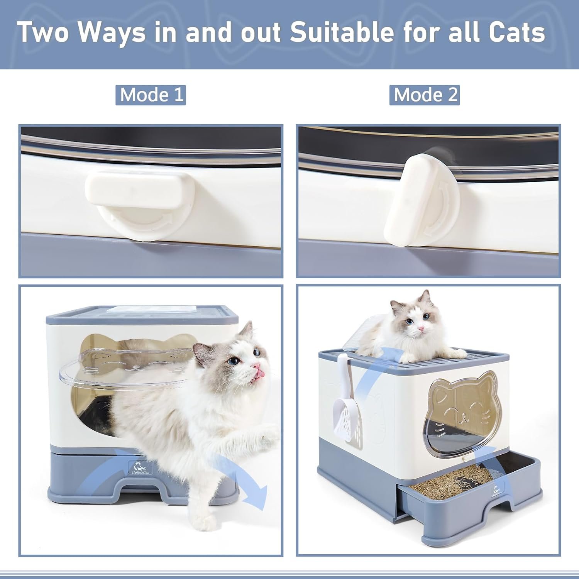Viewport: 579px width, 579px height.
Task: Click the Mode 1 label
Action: pos(151,95)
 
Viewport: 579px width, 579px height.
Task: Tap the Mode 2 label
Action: pos(425,95)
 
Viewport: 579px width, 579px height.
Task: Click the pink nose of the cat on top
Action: pos(422,328)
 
